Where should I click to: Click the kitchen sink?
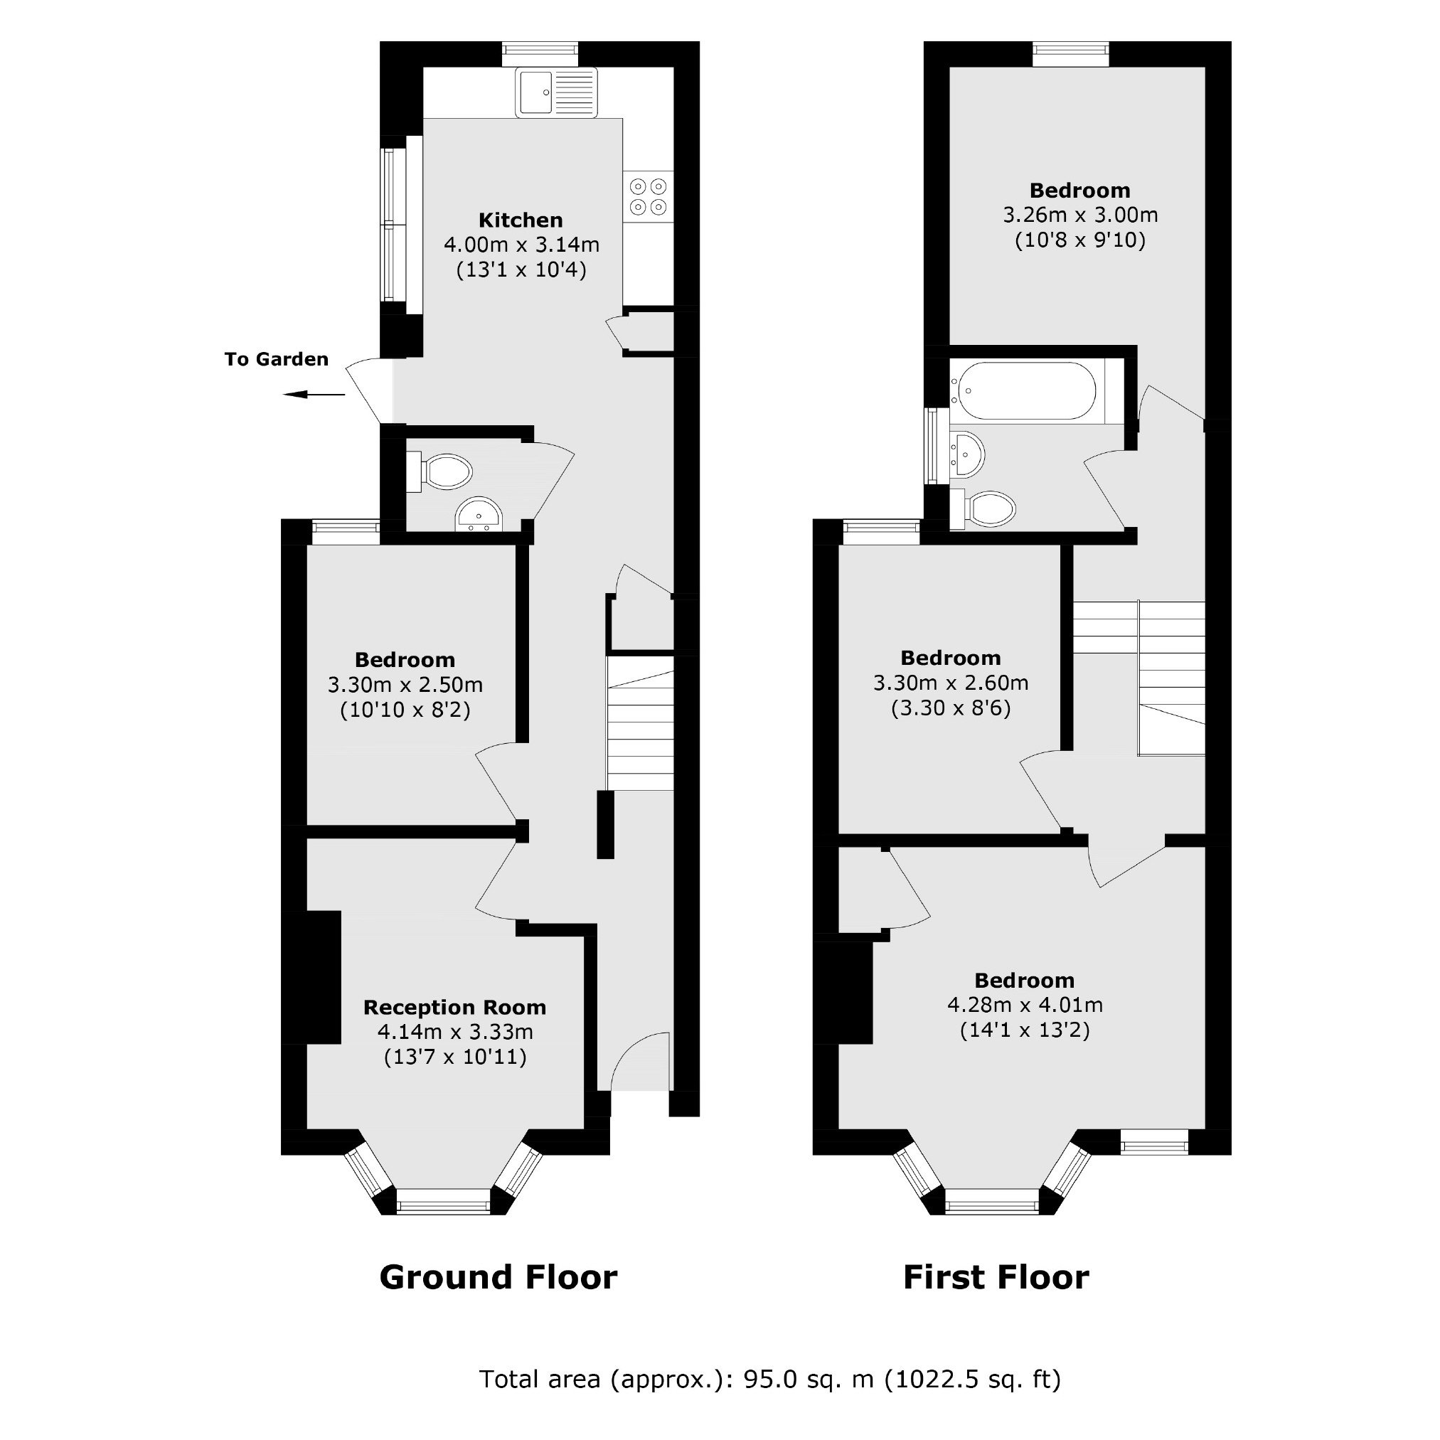click(556, 92)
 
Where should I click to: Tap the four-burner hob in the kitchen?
click(649, 197)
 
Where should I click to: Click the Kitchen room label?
click(521, 220)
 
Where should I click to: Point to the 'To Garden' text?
click(277, 359)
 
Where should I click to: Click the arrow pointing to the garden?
click(314, 394)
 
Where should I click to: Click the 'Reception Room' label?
click(454, 1007)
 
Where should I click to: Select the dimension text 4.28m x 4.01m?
click(1025, 1005)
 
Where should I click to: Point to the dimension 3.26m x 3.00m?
click(1080, 215)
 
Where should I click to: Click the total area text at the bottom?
click(770, 1379)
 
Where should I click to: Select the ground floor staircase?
click(640, 723)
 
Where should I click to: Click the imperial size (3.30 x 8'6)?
click(950, 708)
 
